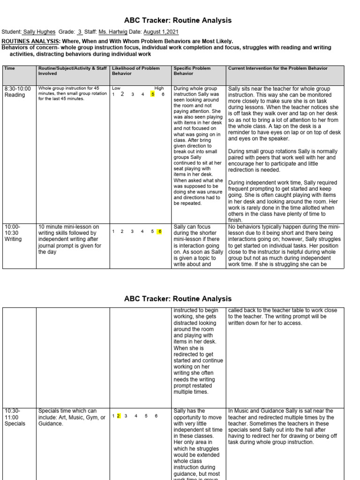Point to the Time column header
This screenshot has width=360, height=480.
click(x=9, y=68)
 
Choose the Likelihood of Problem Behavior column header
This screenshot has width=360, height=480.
click(x=135, y=71)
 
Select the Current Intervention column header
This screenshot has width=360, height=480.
click(x=277, y=68)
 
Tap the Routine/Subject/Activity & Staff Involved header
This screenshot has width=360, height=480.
click(x=72, y=71)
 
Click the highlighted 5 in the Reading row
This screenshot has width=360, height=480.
click(x=152, y=94)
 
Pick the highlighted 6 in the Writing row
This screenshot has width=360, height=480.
click(x=160, y=231)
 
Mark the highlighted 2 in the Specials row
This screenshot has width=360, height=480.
click(x=119, y=416)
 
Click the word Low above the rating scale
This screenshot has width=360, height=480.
click(x=116, y=88)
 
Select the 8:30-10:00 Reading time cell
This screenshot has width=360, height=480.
click(x=18, y=91)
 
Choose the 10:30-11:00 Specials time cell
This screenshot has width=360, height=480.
click(x=15, y=417)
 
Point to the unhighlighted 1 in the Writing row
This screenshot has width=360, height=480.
click(x=113, y=231)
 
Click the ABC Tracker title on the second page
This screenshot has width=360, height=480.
click(x=178, y=299)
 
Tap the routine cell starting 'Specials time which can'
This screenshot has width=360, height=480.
click(x=72, y=417)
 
